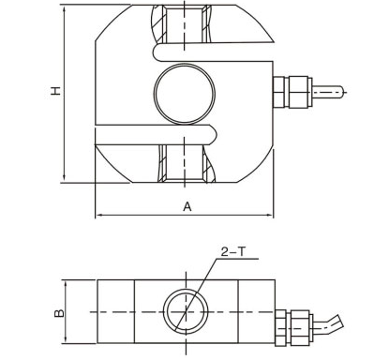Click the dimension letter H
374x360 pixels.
click(x=55, y=92)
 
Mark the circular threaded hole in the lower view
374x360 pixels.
click(x=187, y=310)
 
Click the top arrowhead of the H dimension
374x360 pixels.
click(x=64, y=7)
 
